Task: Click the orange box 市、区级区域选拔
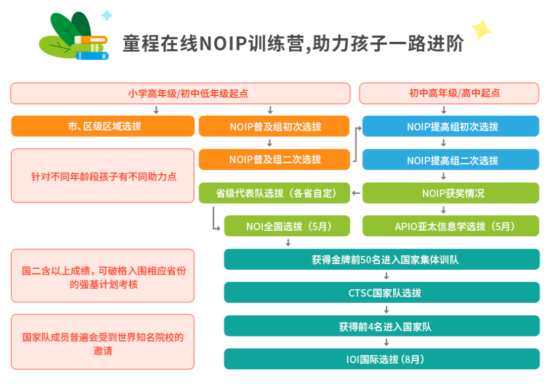tap(103, 126)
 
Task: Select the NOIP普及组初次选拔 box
tap(274, 126)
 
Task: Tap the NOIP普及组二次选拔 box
tap(274, 159)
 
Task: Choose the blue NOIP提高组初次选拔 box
tap(451, 126)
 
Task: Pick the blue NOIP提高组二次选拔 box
tap(451, 160)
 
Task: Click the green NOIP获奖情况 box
tap(451, 193)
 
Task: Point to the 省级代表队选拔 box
tap(274, 193)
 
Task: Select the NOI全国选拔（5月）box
tap(287, 226)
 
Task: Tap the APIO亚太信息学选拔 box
tap(451, 226)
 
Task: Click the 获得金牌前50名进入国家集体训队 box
tap(382, 259)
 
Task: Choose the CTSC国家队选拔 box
tap(382, 292)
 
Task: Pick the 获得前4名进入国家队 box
tap(382, 326)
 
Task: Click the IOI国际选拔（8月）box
tap(382, 359)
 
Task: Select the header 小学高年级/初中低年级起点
tap(180, 93)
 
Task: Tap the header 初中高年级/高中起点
tap(449, 93)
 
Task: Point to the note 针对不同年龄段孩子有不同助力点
tap(103, 176)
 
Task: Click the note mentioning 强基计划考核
tap(103, 276)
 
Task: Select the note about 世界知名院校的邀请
tap(103, 342)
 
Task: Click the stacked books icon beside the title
tap(76, 38)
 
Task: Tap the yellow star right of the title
tap(481, 28)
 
